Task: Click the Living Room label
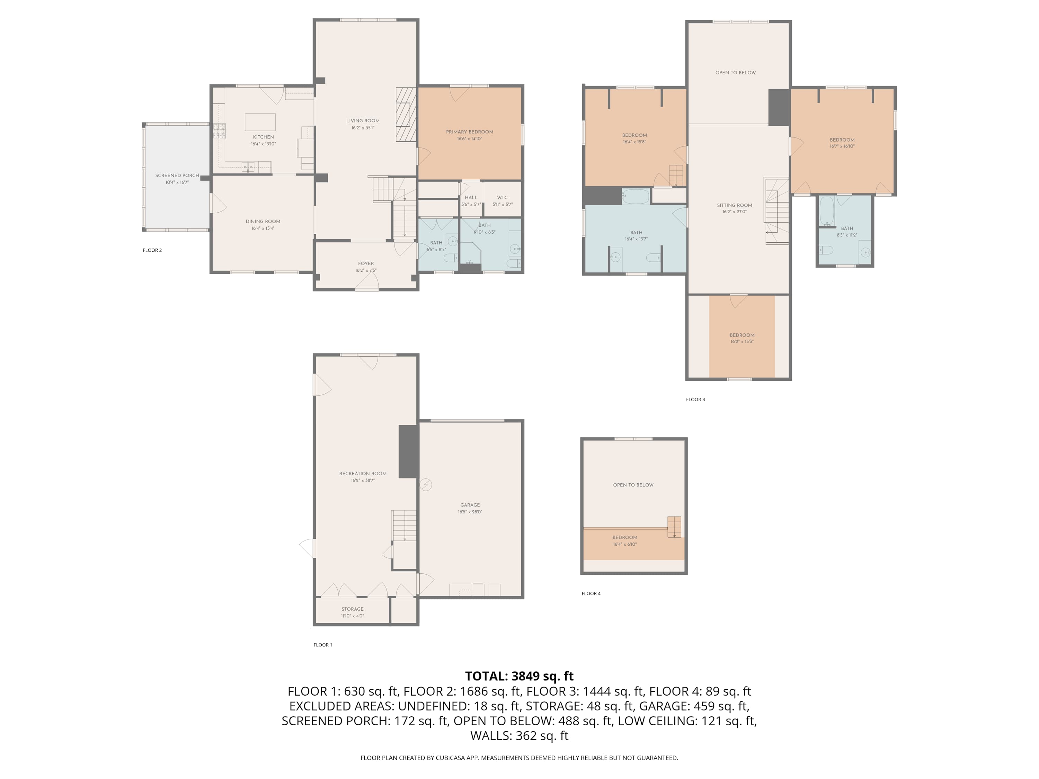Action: pyautogui.click(x=363, y=121)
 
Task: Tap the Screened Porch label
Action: pyautogui.click(x=177, y=176)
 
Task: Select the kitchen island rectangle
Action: pyautogui.click(x=260, y=122)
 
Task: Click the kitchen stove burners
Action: pyautogui.click(x=219, y=131)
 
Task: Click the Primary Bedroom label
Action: pyautogui.click(x=470, y=132)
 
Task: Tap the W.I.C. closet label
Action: pyautogui.click(x=503, y=198)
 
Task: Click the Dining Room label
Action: pyautogui.click(x=263, y=222)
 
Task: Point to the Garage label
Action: pyautogui.click(x=470, y=505)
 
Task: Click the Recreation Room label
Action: pyautogui.click(x=363, y=474)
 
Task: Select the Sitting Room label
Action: pyautogui.click(x=735, y=205)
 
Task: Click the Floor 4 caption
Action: pyautogui.click(x=591, y=593)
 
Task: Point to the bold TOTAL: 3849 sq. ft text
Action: pyautogui.click(x=519, y=676)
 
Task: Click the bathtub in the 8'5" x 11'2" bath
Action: pyautogui.click(x=827, y=211)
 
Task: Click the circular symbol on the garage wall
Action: pyautogui.click(x=426, y=485)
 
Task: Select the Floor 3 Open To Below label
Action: pyautogui.click(x=736, y=73)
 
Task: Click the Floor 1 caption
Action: pyautogui.click(x=323, y=645)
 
